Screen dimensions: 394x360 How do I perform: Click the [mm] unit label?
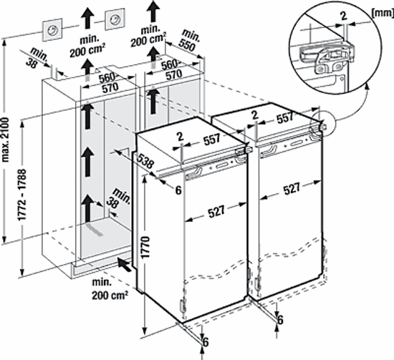(383, 13)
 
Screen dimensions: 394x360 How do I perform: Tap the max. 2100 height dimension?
(5, 140)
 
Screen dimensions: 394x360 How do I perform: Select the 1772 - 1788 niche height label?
(21, 195)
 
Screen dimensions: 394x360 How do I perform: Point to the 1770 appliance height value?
(145, 248)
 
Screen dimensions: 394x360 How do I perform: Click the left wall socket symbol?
(52, 29)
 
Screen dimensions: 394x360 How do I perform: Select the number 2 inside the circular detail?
(344, 16)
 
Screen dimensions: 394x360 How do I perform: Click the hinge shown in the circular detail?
(324, 59)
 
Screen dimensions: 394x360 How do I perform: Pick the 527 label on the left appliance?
(216, 210)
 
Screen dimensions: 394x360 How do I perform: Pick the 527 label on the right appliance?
(292, 188)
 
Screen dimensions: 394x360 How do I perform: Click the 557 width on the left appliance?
(211, 140)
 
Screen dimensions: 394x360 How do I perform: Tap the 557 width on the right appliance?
(285, 117)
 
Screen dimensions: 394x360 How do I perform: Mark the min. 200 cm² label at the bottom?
(109, 289)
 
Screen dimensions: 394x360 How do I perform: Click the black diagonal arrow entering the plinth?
(125, 265)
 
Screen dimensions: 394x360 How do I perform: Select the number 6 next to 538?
(178, 190)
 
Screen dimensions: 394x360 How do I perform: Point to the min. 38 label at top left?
(37, 58)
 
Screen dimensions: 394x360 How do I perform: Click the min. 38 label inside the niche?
(117, 198)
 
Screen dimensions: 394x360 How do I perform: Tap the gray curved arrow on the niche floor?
(95, 230)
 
